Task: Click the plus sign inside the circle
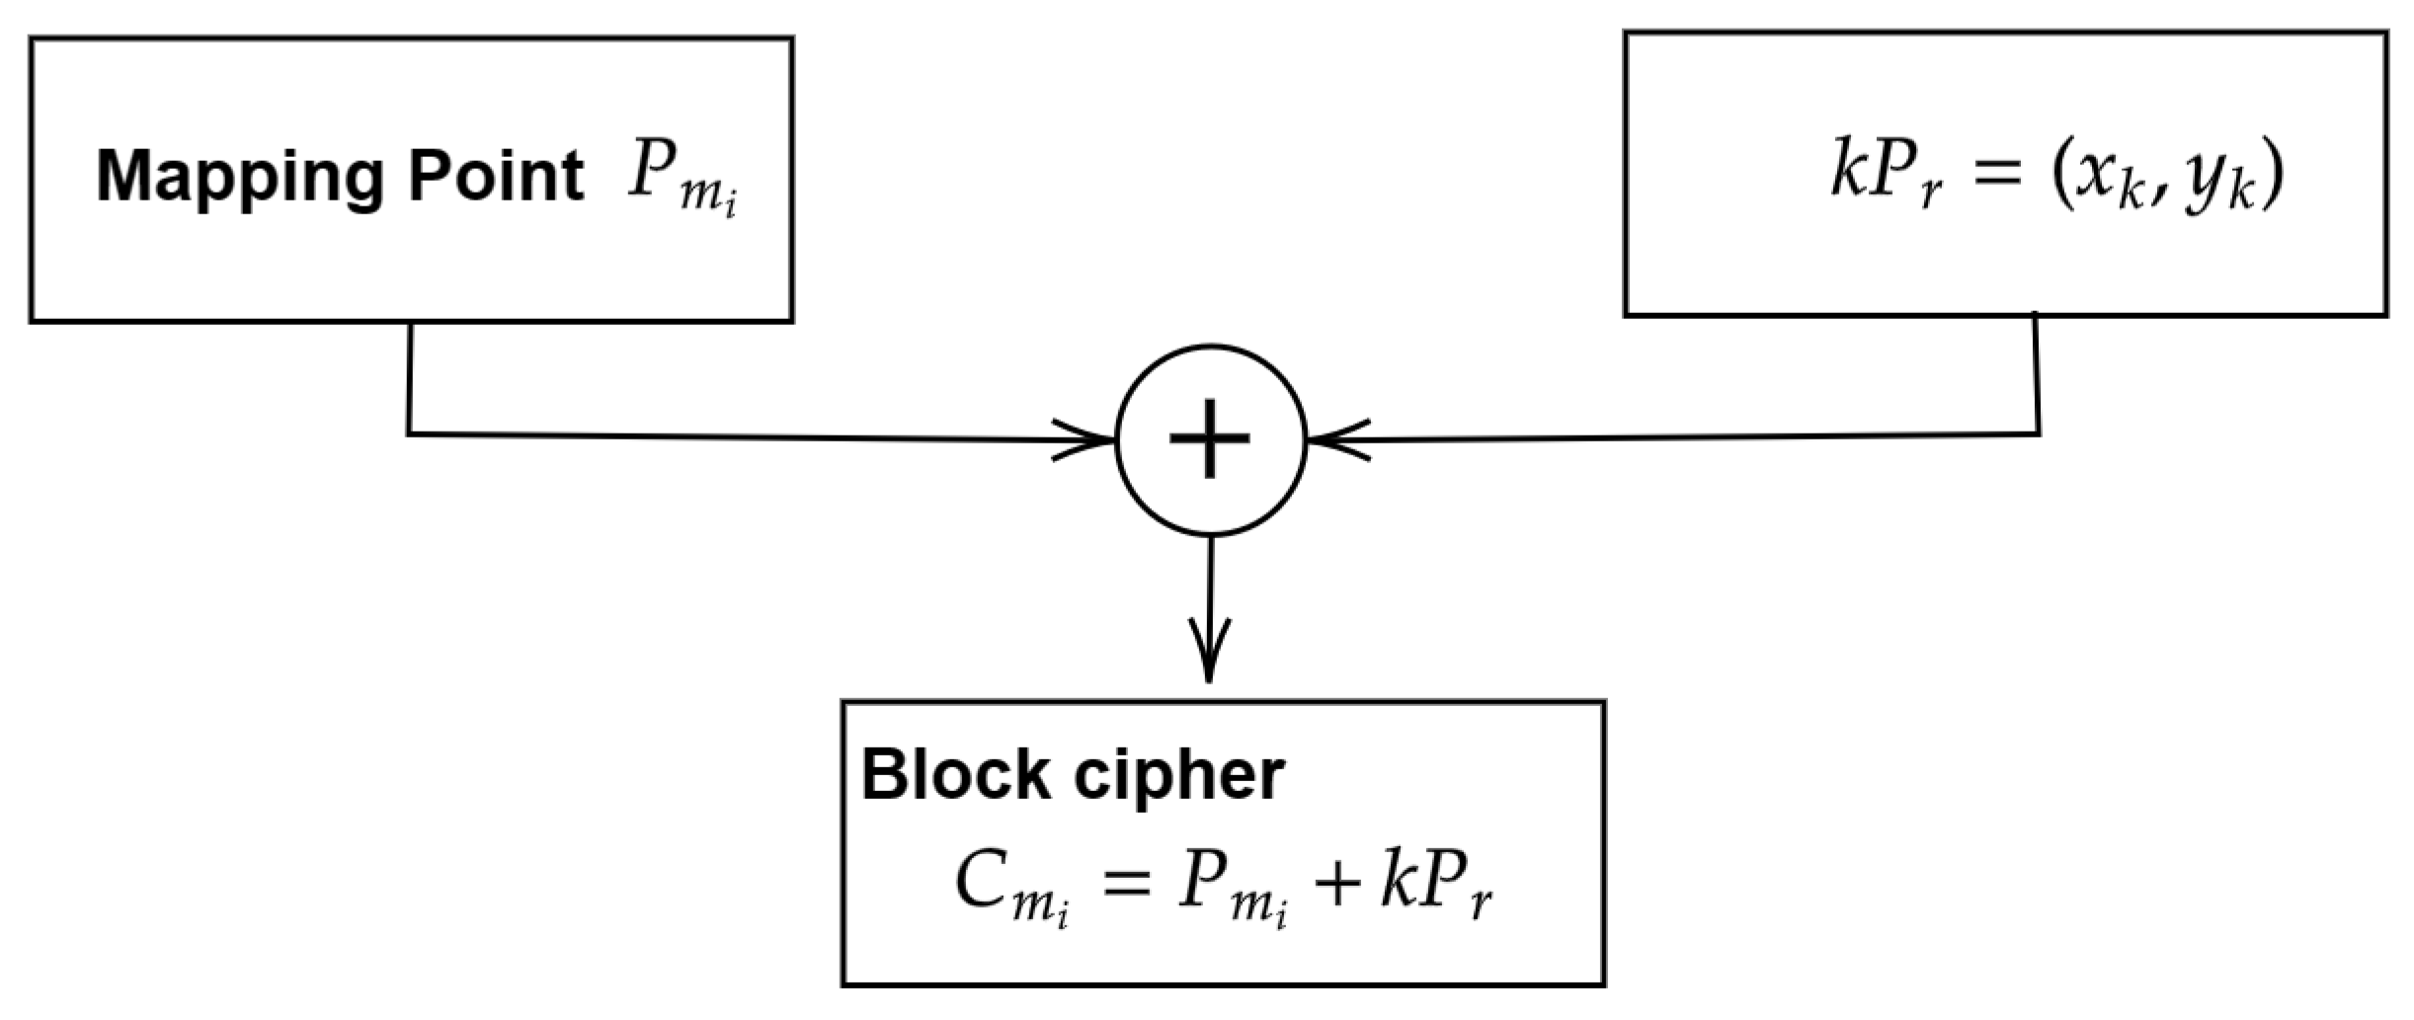(x=1210, y=439)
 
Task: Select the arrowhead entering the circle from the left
(x=1086, y=439)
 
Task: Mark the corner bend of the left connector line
(x=409, y=433)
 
